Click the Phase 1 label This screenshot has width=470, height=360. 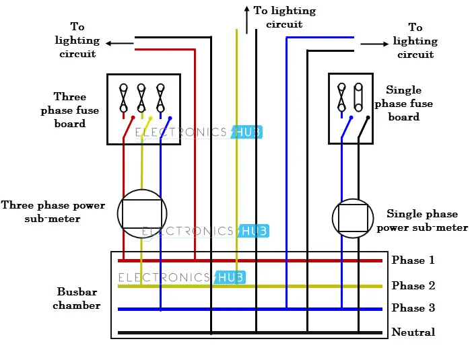click(413, 260)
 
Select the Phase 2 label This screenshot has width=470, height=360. click(413, 286)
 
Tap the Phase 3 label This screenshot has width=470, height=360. click(413, 308)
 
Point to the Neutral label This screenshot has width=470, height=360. click(413, 332)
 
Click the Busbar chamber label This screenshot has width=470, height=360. click(78, 299)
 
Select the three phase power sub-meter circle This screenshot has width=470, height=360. click(141, 213)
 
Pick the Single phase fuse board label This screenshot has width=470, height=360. click(403, 104)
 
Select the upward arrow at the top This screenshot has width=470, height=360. click(246, 20)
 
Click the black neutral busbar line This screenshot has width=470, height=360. click(249, 332)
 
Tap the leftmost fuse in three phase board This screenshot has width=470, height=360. click(123, 98)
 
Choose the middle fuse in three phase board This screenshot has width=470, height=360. click(141, 98)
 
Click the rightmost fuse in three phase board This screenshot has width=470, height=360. click(160, 98)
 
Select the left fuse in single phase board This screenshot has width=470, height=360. click(341, 98)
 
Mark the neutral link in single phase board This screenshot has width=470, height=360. click(359, 98)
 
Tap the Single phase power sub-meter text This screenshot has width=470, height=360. click(422, 221)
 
